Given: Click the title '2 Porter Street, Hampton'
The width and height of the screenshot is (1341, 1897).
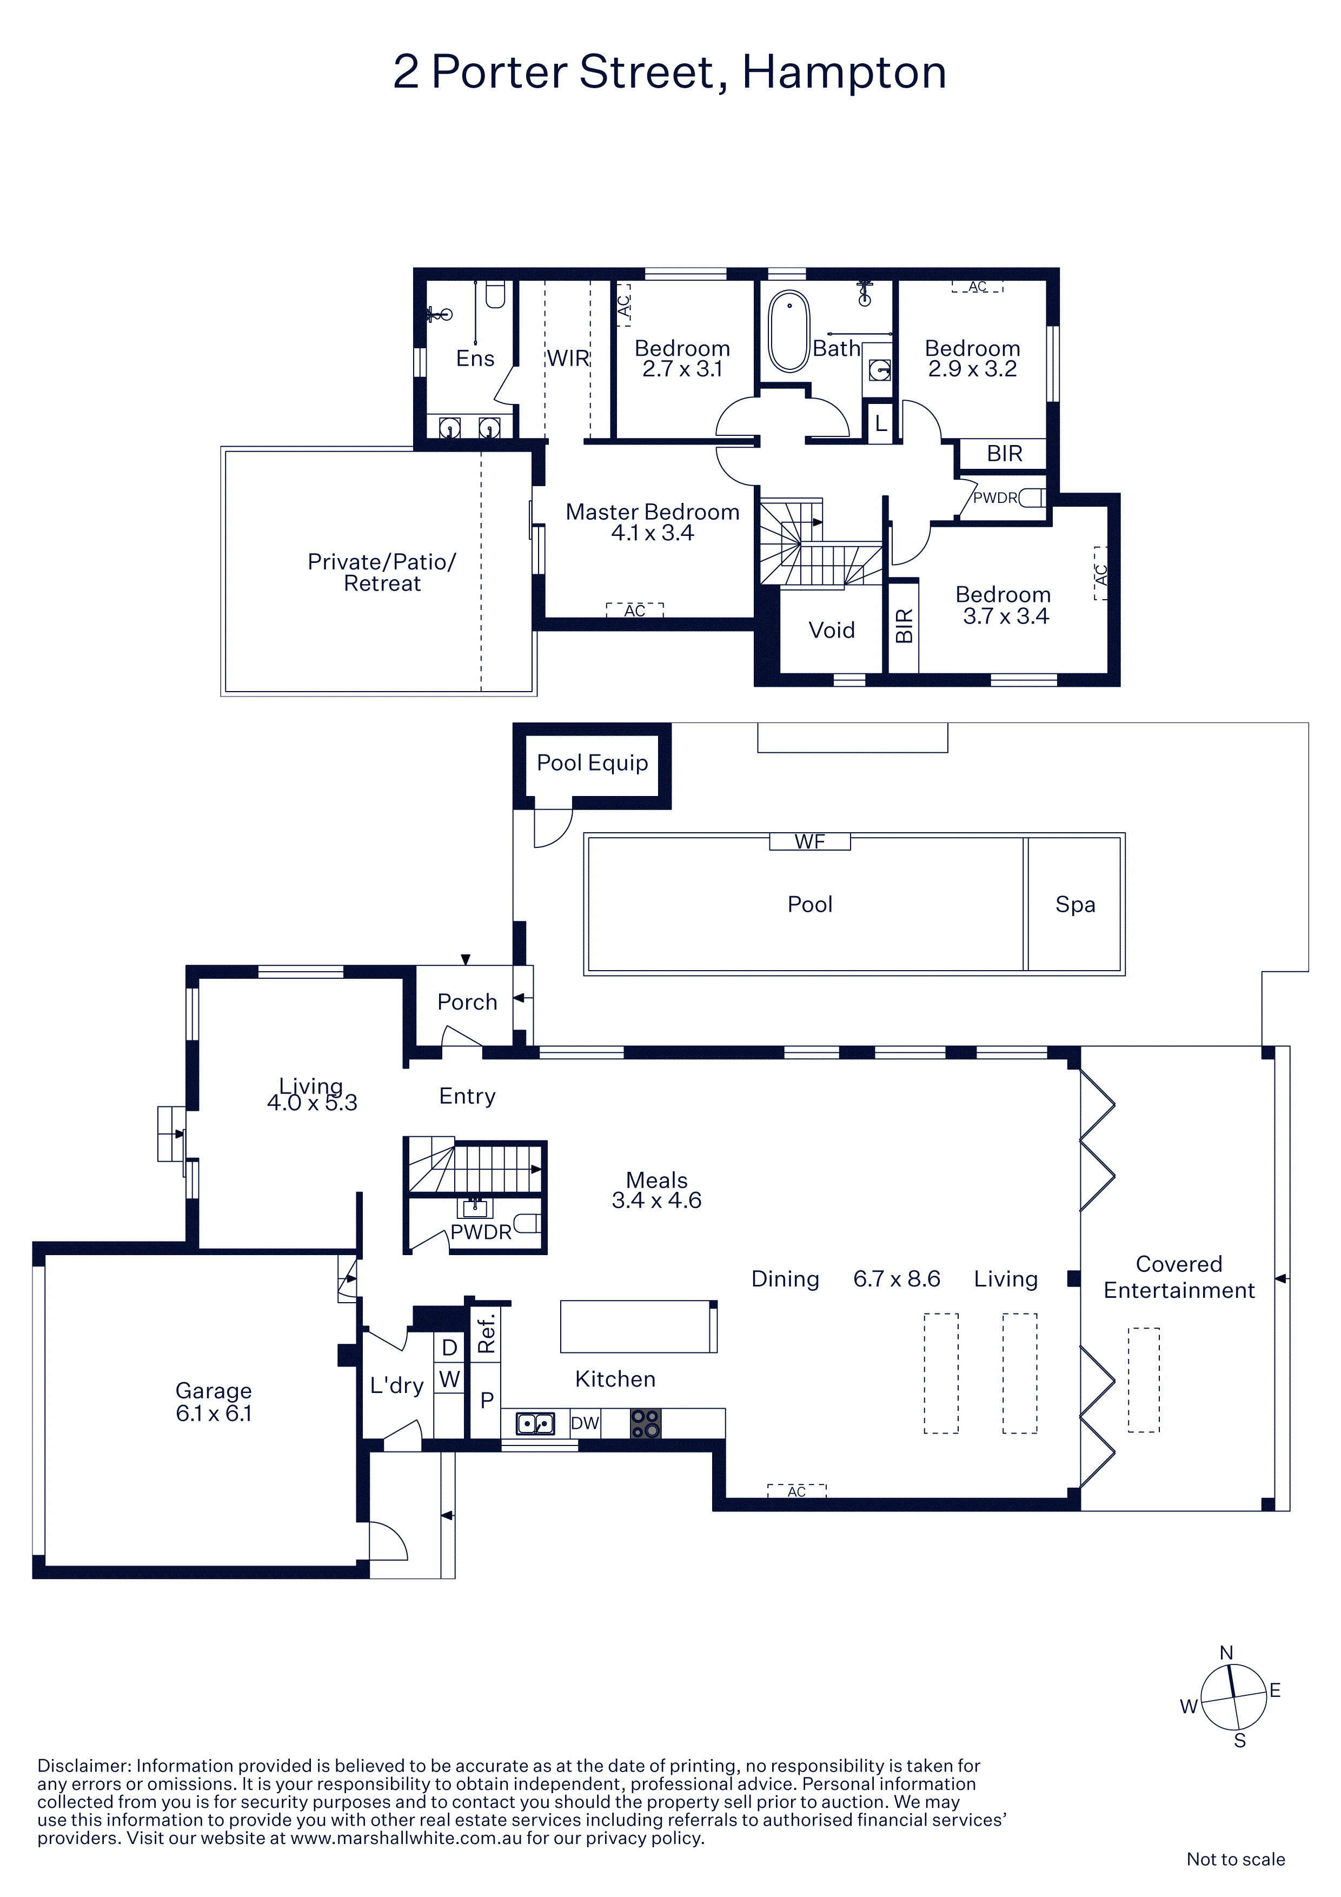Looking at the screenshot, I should pos(669,72).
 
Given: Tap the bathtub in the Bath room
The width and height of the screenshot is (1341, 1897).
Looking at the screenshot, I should pos(788,331).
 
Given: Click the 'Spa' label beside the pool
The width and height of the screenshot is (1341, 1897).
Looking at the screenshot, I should pos(1075,905).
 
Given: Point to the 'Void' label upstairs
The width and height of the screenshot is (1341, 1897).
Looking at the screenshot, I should pos(831,631).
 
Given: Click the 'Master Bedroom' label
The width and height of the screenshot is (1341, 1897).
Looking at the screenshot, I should pos(652,512).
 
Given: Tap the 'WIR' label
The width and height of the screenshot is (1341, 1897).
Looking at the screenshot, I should pos(568,359).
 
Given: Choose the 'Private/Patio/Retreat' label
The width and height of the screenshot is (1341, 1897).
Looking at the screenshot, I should pos(382,573).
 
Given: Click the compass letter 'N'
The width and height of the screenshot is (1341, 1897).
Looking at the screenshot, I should pos(1226,1653).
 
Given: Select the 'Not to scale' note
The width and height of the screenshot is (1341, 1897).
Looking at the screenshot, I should pos(1235,1859).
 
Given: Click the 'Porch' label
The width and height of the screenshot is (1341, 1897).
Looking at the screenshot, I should pos(467,1002).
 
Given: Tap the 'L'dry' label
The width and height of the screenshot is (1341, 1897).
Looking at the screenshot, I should pos(396,1385).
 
